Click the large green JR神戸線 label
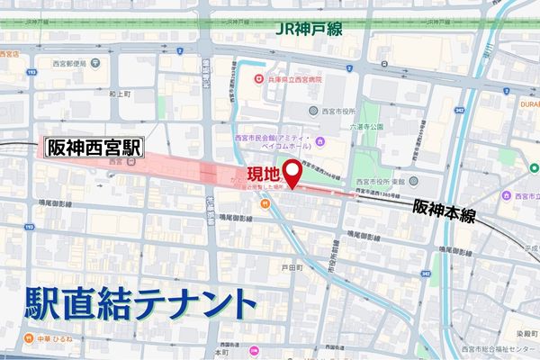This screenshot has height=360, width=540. pos(310,31)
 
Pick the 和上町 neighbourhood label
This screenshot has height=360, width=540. pos(121,94)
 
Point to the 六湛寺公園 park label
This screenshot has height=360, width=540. pos(367,127)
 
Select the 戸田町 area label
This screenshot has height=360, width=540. pos(290,267)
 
